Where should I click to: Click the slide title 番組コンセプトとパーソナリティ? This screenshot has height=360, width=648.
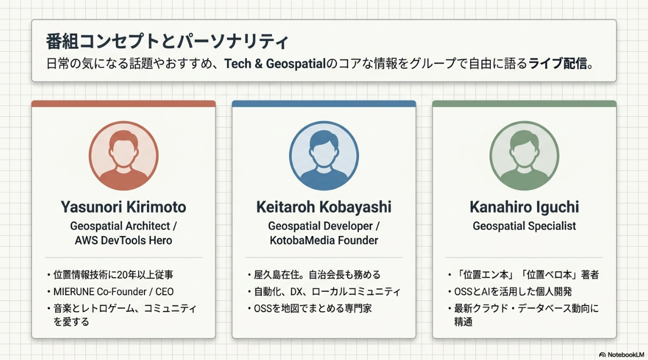[167, 42]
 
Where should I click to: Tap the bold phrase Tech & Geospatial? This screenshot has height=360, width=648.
[275, 64]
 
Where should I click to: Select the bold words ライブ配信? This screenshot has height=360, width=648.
[558, 64]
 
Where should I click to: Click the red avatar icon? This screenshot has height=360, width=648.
[123, 156]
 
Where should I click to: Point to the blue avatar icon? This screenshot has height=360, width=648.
[324, 156]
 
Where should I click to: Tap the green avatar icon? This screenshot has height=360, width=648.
[525, 156]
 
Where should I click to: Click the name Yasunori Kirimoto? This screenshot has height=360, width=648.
[123, 207]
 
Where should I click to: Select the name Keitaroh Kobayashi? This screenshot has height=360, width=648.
[324, 207]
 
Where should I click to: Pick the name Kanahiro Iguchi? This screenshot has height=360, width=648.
[525, 207]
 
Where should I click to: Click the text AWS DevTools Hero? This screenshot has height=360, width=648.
[123, 241]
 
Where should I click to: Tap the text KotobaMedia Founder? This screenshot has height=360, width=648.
[324, 241]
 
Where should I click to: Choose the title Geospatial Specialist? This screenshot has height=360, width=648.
[525, 226]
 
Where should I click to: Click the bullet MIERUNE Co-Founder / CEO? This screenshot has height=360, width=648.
[113, 292]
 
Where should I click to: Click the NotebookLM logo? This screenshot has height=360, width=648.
[622, 355]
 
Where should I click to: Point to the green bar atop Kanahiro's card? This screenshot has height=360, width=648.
[525, 104]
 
